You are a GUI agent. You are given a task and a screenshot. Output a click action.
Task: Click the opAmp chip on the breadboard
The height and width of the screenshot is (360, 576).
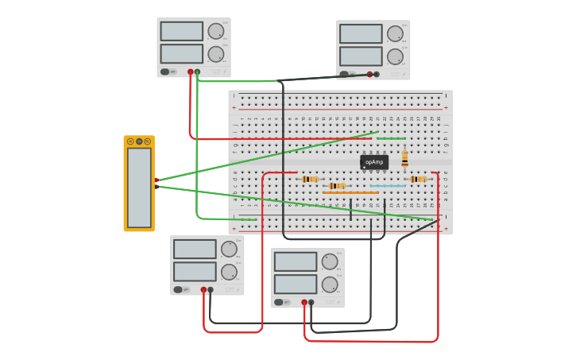point(374,162)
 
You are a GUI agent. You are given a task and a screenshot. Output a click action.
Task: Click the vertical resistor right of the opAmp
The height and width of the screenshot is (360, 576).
point(404,159)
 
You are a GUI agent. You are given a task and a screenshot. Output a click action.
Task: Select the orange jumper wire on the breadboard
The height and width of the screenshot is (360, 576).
point(350,192)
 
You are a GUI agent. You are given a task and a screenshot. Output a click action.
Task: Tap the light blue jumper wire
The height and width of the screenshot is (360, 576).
point(388,186)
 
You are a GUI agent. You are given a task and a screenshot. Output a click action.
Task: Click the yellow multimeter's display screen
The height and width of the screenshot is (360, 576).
point(139,188)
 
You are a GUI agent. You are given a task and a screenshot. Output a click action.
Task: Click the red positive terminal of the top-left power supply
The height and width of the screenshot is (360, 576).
point(190,72)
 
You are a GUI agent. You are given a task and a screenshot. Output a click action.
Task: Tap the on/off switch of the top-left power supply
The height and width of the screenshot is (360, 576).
point(165,72)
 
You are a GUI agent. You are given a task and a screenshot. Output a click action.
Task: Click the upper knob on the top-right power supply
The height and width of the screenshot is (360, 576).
point(395,33)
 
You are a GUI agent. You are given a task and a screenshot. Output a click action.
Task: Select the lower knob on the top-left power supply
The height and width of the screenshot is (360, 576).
point(215,54)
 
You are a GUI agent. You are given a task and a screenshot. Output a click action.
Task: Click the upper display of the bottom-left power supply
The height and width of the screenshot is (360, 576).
point(195,250)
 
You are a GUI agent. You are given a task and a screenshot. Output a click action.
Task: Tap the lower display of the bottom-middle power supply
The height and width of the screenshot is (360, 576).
point(296,284)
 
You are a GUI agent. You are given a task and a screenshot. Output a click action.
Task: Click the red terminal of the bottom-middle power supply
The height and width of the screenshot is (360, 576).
point(304,302)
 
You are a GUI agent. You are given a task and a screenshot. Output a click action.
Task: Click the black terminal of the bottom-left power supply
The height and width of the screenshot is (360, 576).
point(211,290)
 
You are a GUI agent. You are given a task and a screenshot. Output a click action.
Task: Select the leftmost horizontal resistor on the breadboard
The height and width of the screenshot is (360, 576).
point(310,180)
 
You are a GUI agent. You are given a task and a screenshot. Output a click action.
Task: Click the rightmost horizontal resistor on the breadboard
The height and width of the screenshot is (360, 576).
point(418,180)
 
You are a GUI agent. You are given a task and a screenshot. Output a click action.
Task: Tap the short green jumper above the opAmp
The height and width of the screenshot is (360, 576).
point(391,138)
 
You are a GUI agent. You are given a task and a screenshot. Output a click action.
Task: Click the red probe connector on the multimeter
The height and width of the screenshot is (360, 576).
point(157,180)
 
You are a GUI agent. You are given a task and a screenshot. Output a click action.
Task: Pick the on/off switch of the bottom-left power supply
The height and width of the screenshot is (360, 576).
point(179,289)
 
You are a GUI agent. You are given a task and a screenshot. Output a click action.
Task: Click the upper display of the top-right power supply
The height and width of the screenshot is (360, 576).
point(361,33)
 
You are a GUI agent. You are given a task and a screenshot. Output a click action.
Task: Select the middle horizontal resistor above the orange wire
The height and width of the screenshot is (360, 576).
point(337,186)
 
